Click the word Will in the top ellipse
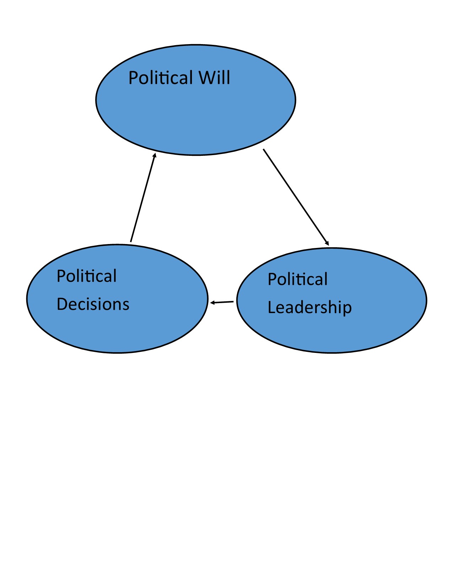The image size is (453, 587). click(214, 78)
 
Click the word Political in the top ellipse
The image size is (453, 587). click(161, 78)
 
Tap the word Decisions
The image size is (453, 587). click(93, 304)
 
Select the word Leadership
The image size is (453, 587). click(309, 308)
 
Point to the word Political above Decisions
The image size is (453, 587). click(87, 276)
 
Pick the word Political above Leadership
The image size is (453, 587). click(297, 279)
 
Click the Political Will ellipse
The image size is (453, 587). click(195, 114)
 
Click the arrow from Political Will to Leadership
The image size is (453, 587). click(296, 197)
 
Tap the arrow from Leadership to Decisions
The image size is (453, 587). click(222, 302)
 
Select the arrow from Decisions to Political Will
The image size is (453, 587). click(143, 197)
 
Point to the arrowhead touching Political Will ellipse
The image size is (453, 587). click(155, 155)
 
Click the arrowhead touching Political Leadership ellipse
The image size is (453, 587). click(327, 243)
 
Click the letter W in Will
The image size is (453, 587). click(206, 78)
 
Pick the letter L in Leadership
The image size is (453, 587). click(271, 308)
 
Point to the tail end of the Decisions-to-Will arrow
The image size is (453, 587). click(131, 242)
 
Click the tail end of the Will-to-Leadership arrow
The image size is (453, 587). click(264, 150)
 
